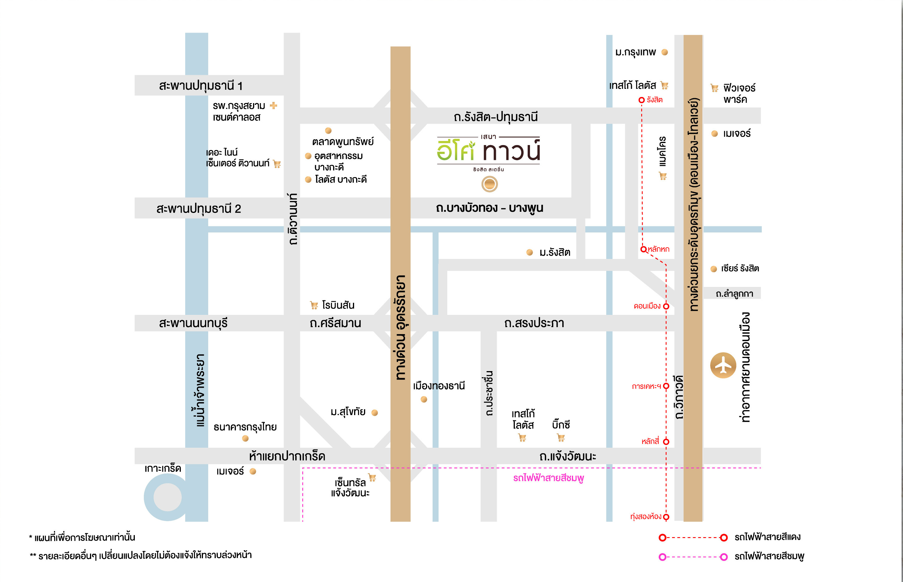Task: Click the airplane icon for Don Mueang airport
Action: [723, 366]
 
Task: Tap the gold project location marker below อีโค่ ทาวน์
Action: [489, 184]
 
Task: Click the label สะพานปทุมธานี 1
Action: [200, 86]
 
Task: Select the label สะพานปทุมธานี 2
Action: [199, 209]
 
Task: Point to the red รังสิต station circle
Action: [641, 100]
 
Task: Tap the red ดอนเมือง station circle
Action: [666, 306]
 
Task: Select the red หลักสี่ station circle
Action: [666, 441]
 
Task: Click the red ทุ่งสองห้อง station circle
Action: [666, 517]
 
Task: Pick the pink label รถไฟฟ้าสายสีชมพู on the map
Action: [548, 478]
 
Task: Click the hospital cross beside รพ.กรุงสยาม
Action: [273, 105]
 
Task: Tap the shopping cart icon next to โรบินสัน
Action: [314, 305]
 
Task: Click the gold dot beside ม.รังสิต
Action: [530, 252]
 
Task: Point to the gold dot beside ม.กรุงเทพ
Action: [665, 52]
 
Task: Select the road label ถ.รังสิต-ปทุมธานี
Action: [496, 117]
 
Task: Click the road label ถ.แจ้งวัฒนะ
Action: [568, 456]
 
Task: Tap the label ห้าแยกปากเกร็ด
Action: [287, 456]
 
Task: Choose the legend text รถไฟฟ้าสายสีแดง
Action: [767, 537]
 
